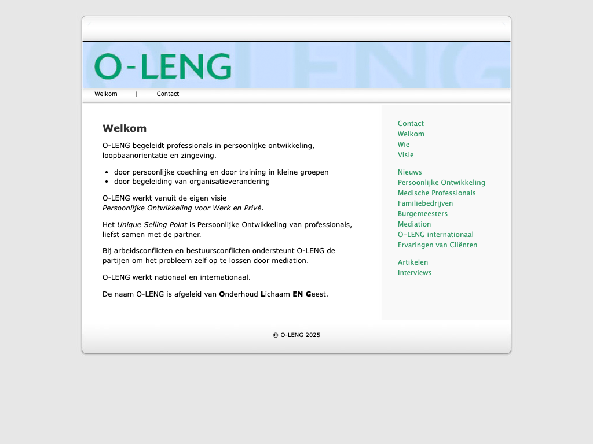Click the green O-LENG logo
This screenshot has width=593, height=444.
click(163, 66)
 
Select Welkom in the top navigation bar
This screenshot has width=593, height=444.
click(106, 94)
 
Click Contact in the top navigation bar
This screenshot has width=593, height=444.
click(168, 94)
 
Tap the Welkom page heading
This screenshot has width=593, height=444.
click(125, 128)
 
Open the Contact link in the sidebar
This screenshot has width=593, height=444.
click(411, 124)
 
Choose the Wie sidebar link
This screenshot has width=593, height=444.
click(404, 145)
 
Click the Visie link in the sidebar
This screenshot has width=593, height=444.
click(406, 155)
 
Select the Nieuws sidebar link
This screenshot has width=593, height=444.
click(410, 172)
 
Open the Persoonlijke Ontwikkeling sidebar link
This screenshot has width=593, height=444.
click(441, 183)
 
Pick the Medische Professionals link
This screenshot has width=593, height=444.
click(437, 193)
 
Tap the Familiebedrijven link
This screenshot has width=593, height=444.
click(425, 203)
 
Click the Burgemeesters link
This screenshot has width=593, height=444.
click(423, 214)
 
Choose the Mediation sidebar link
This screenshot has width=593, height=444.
click(414, 224)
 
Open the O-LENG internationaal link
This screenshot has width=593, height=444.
click(435, 235)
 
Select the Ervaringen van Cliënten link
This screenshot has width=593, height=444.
click(437, 245)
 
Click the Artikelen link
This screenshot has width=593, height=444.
click(413, 262)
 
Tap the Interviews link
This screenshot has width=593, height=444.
click(415, 273)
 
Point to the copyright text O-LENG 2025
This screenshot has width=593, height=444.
click(296, 335)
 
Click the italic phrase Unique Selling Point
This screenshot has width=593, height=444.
click(152, 225)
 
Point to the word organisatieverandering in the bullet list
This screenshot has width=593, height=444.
click(229, 182)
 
